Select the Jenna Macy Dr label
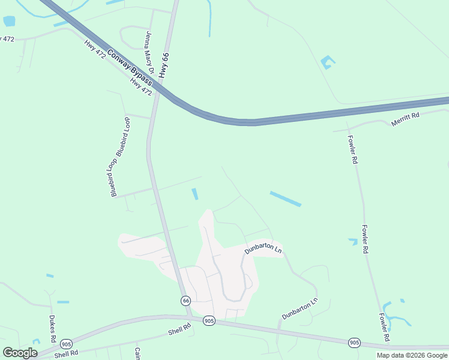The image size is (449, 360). coord(149,53)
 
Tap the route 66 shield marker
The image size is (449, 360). coord(186,300)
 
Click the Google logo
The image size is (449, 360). coord(20,353)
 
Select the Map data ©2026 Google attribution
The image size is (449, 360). coord(412,355)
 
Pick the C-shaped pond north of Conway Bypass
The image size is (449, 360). coord(327,62)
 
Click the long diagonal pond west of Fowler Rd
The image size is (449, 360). coord(285,199)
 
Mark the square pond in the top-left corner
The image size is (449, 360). coord(9,22)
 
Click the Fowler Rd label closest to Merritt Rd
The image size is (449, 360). coord(352,149)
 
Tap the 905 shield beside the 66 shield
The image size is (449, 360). coord(208,320)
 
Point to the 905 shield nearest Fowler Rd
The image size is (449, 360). coord(354,343)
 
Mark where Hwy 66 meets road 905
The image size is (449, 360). coord(190,317)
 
